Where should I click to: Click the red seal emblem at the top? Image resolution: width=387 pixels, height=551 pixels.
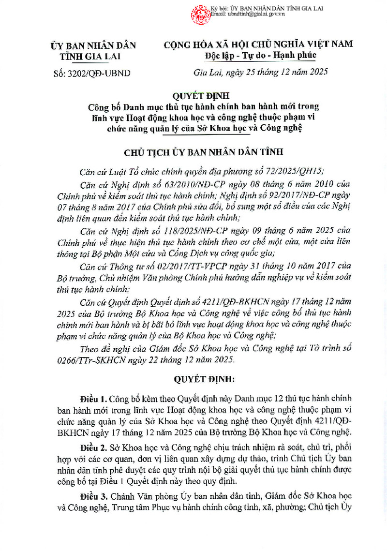199,13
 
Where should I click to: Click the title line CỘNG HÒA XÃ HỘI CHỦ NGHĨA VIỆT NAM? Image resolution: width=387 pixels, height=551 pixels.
258,44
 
